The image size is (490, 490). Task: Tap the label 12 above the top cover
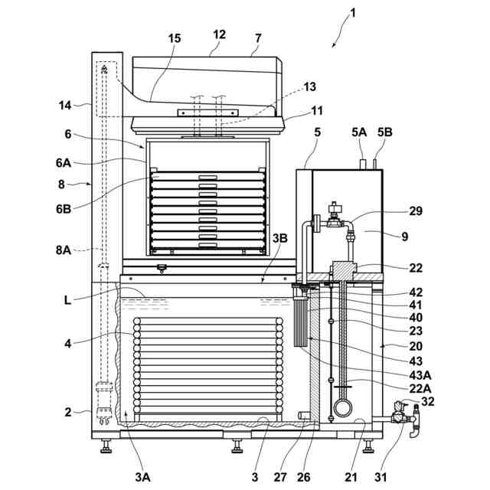point(220,34)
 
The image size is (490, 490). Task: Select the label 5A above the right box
point(360,132)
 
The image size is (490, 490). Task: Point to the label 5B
point(384,132)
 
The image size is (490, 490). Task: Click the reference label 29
point(415,211)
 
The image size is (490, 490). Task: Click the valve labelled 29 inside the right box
point(335,223)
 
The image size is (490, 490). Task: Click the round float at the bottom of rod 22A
point(342,407)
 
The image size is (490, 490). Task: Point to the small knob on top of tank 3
point(162,268)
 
